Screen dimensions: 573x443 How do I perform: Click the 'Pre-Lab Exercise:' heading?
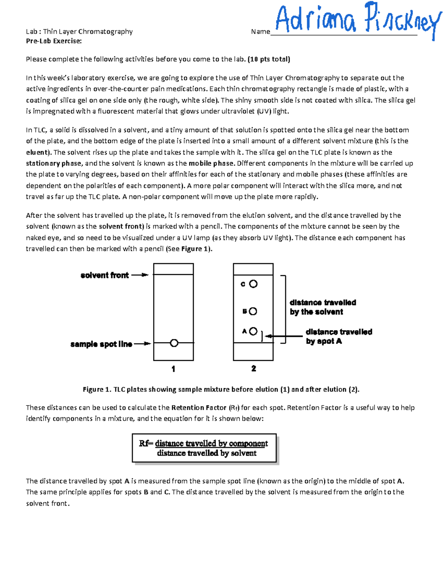[54, 41]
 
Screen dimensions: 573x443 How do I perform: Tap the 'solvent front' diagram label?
[104, 275]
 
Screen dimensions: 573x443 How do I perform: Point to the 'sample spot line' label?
[101, 344]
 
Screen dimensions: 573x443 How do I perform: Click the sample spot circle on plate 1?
[174, 343]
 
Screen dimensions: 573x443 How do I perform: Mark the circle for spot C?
[253, 284]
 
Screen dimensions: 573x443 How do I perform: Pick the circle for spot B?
[253, 311]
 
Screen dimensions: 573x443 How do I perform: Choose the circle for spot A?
[253, 331]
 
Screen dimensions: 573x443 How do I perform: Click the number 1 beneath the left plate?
[174, 369]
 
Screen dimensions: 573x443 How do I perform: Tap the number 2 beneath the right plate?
[254, 368]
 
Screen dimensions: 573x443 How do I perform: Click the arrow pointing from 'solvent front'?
[140, 275]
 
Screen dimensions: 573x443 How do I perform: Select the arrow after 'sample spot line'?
[142, 344]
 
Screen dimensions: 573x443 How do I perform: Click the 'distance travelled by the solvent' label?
[323, 307]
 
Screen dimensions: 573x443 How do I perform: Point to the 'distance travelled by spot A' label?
[339, 336]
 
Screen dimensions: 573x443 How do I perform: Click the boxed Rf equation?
[204, 448]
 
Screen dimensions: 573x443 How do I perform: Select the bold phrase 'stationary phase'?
[54, 163]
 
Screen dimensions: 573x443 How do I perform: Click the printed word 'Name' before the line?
[260, 32]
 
